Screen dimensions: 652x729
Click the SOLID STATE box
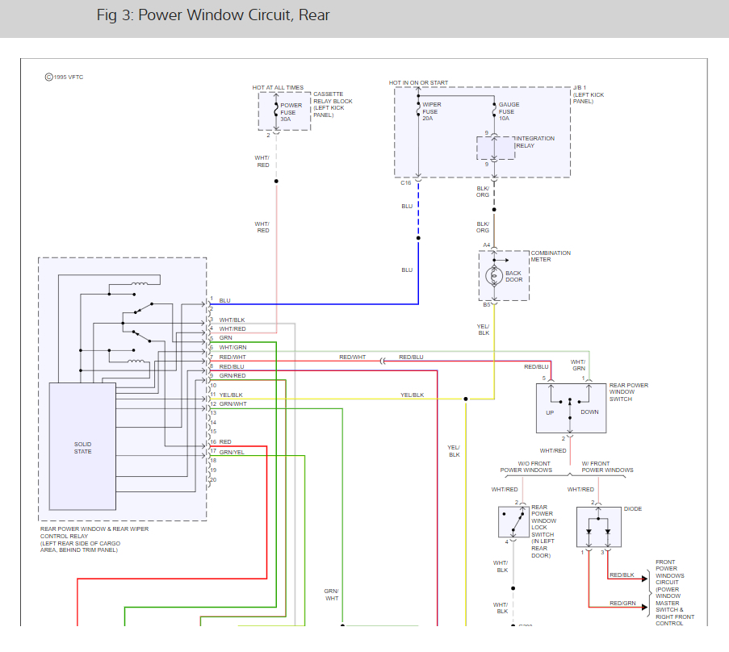82,446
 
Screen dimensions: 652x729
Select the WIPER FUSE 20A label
431,111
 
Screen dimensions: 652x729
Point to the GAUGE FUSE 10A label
509,111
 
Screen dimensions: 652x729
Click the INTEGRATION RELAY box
495,148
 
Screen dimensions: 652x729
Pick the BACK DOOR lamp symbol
494,276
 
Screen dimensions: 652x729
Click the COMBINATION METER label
551,257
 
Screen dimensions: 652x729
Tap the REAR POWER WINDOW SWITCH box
571,408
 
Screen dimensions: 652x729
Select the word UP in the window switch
550,412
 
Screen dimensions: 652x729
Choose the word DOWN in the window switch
589,412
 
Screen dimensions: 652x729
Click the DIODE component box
597,527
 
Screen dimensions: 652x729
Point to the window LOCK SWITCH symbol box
513,522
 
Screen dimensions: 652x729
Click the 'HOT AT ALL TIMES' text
278,87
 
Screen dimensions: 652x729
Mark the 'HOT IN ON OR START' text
418,83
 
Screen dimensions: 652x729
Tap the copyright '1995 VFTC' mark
64,77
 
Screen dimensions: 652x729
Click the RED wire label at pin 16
225,442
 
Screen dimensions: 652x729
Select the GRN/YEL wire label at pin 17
232,452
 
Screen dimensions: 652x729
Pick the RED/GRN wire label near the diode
622,603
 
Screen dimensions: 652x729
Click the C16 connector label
406,183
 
